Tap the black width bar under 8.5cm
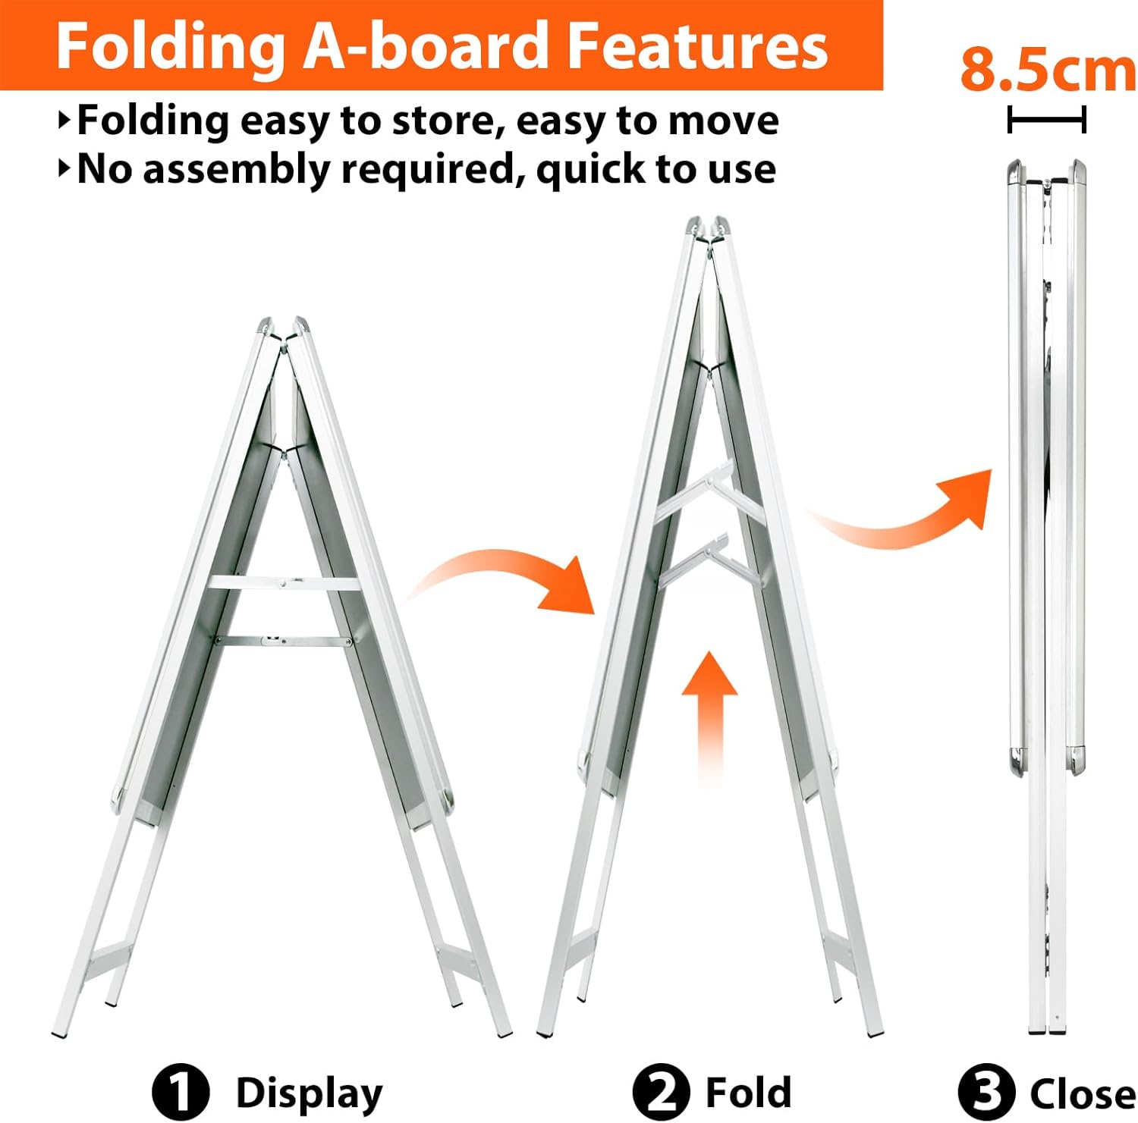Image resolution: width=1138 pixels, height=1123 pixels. click(1047, 120)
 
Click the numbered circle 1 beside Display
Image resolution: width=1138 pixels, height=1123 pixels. click(181, 1093)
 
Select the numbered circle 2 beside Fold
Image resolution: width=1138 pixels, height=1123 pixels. click(662, 1093)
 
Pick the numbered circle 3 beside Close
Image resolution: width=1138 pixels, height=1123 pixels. click(986, 1093)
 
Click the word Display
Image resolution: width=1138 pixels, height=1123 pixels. click(310, 1094)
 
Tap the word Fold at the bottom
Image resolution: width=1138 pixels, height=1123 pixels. click(748, 1093)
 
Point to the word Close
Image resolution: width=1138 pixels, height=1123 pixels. click(1083, 1093)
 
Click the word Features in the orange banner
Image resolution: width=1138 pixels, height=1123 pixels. click(698, 45)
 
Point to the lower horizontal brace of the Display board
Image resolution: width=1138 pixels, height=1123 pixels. click(284, 641)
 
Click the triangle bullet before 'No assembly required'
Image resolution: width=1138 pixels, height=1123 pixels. click(64, 168)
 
